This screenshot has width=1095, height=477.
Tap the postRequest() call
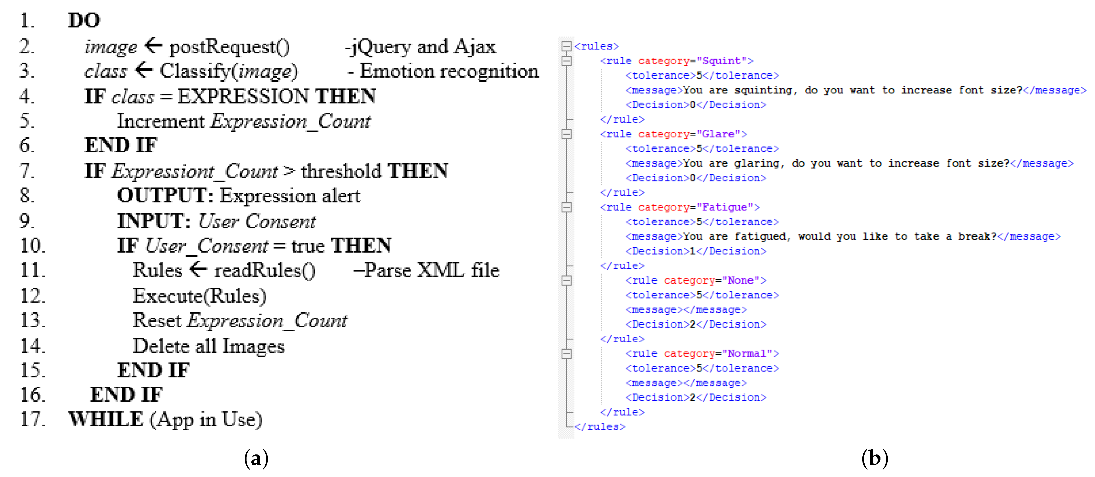pyautogui.click(x=230, y=47)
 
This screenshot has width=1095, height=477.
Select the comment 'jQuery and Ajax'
pyautogui.click(x=420, y=47)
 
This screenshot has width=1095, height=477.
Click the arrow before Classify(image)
pyautogui.click(x=144, y=69)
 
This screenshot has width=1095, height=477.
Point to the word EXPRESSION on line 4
pyautogui.click(x=243, y=96)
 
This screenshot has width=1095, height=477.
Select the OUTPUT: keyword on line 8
pyautogui.click(x=165, y=196)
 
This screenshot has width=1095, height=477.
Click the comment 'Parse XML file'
pyautogui.click(x=426, y=271)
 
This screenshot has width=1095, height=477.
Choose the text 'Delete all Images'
pyautogui.click(x=209, y=346)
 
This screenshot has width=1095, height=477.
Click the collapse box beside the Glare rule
pyautogui.click(x=566, y=134)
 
